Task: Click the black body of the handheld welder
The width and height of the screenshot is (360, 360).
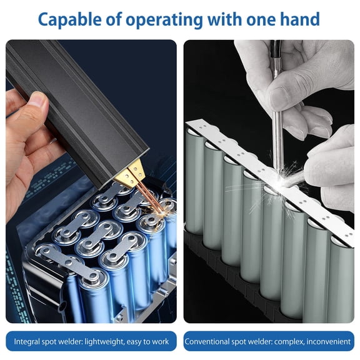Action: [75, 100]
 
